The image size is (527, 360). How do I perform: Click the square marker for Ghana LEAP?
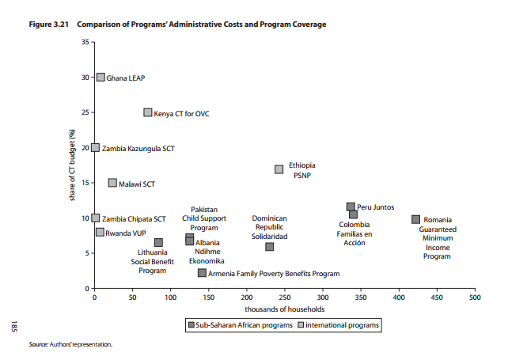coord(100,78)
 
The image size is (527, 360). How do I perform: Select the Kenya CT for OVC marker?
coord(147,112)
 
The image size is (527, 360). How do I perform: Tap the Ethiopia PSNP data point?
coord(279,169)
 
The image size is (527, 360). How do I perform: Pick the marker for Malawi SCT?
coord(112,183)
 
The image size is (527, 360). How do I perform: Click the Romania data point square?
coord(415,219)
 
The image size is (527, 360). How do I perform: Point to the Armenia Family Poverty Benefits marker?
coord(202,273)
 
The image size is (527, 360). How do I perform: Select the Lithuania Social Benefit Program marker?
coord(158,243)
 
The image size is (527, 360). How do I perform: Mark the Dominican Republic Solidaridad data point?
coord(269,247)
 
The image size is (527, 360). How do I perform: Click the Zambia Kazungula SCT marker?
coord(95,148)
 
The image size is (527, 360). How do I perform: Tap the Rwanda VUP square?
coord(100,233)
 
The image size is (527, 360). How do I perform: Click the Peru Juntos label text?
coord(375,207)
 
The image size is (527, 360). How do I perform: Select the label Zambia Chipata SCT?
coord(135,218)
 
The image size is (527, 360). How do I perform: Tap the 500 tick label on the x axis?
coord(474,298)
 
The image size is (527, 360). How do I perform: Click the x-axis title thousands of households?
coord(284,309)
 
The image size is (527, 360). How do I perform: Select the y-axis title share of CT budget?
coord(72,165)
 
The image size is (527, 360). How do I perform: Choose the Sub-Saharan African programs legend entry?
coord(241,325)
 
